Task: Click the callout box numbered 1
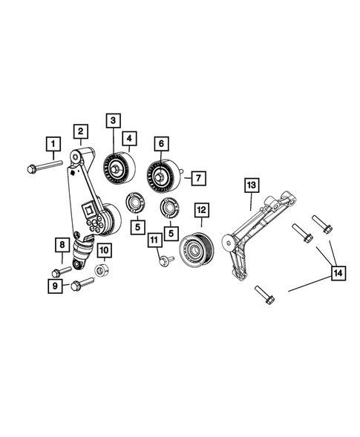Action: [52, 142]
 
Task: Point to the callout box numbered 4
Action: [129, 137]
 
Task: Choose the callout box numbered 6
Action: [160, 142]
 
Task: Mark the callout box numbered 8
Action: [64, 245]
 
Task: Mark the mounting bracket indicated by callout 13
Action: [256, 230]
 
